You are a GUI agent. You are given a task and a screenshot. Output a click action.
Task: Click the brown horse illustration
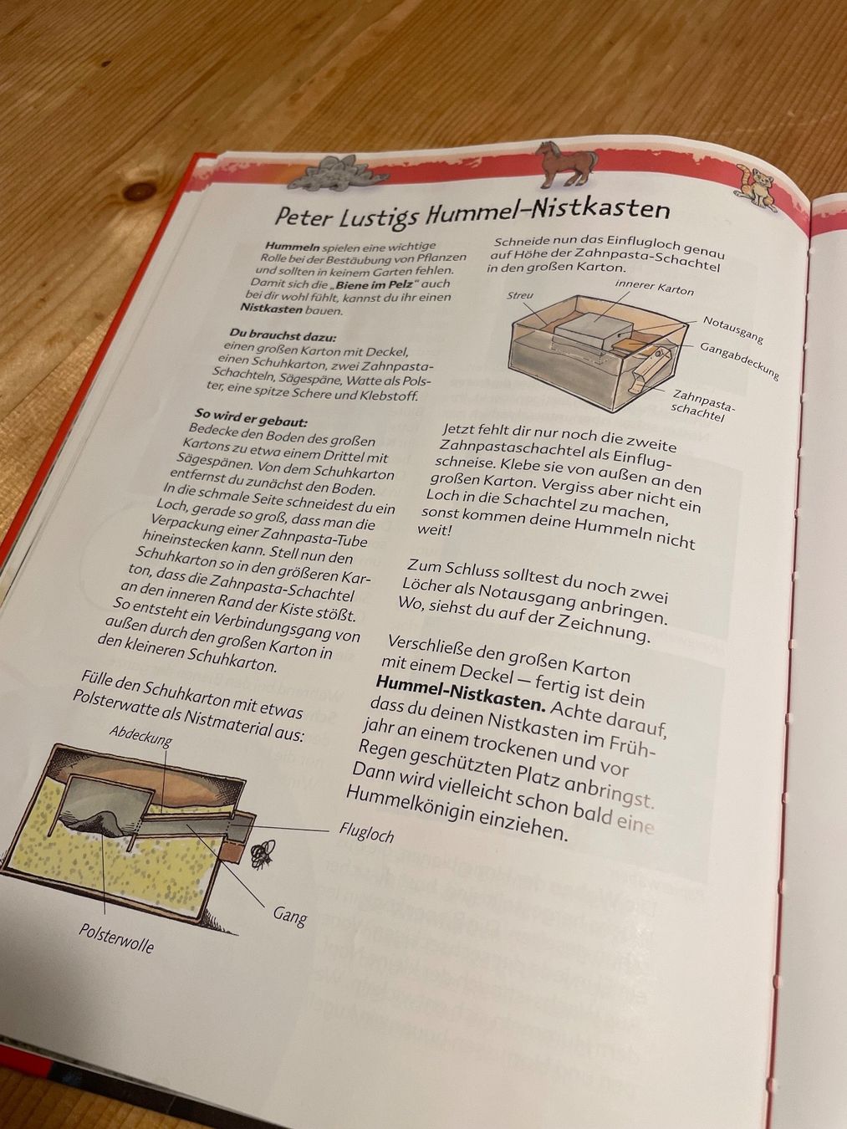coord(565,165)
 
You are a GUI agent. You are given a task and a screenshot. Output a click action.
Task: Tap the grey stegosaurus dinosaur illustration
coord(337,171)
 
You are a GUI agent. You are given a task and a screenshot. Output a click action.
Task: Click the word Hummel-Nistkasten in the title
coord(547,211)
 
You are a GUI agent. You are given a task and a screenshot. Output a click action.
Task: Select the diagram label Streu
coord(520,295)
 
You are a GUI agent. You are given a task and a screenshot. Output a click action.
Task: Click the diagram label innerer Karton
coord(654,288)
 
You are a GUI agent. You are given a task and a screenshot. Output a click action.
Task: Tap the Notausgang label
coord(732,330)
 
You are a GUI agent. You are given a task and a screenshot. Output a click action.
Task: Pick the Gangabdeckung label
coord(739,360)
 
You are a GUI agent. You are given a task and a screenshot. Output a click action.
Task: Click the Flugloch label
coord(366,832)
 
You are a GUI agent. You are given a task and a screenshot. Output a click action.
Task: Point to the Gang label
coord(290,916)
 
